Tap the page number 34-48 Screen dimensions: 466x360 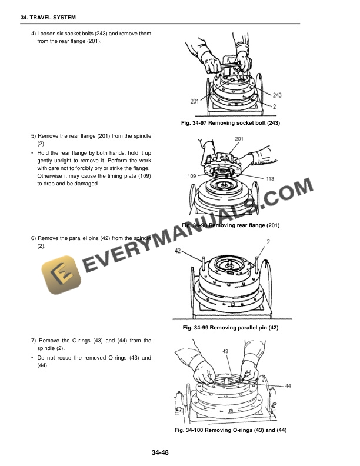click(x=161, y=452)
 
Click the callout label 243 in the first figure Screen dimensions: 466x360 click(x=277, y=95)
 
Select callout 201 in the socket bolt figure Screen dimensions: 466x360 click(x=195, y=101)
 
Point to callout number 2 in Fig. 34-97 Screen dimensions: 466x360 click(x=274, y=106)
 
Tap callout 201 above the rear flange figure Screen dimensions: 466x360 click(x=239, y=139)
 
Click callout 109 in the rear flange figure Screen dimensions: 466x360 click(x=192, y=176)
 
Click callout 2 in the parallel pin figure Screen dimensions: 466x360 click(x=268, y=242)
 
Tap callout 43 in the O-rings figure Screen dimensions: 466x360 click(x=225, y=351)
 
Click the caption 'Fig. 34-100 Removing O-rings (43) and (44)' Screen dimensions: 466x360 click(x=231, y=431)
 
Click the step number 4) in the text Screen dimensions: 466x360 click(x=34, y=34)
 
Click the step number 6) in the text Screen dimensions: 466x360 click(x=34, y=238)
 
